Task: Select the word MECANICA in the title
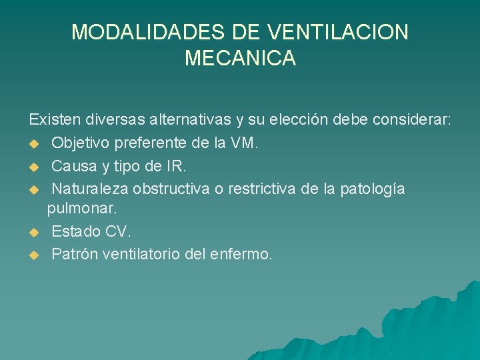(240, 59)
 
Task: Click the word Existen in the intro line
(53, 120)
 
